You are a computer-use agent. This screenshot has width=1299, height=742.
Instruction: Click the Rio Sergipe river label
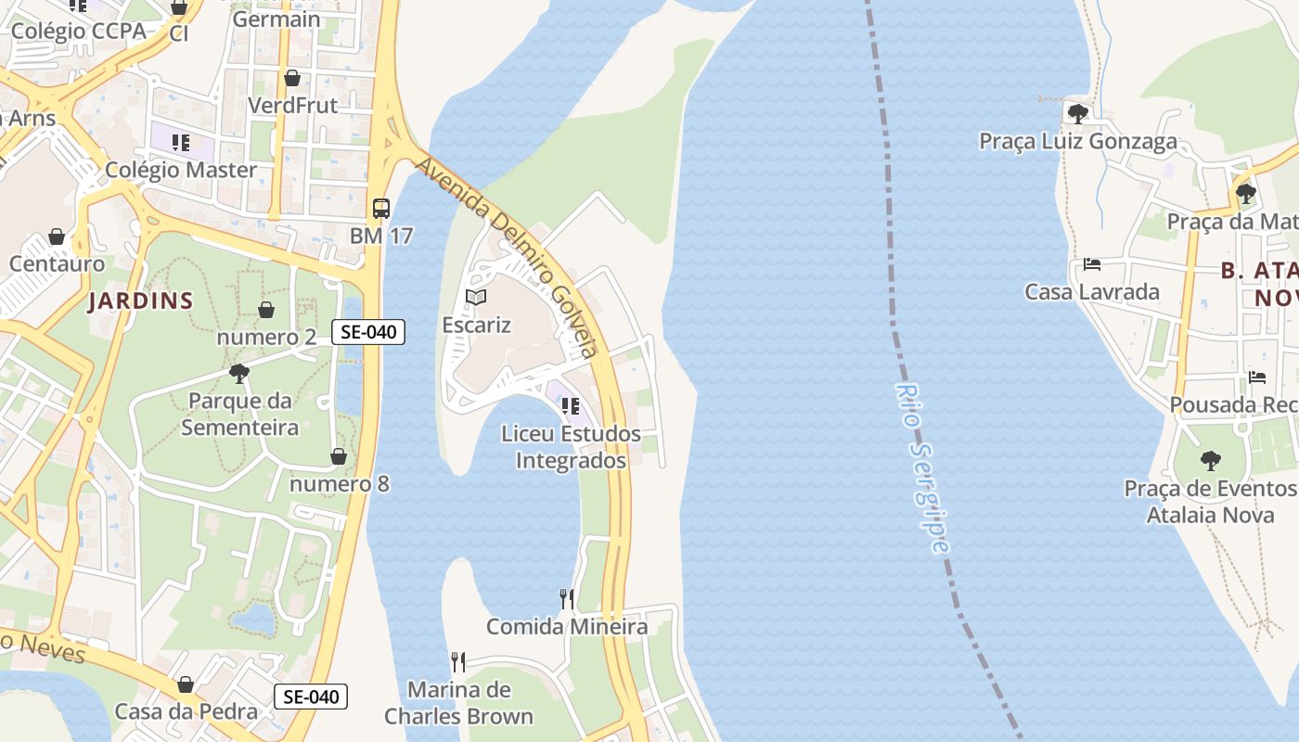[924, 467]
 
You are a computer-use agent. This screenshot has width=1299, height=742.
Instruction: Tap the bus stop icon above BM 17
[381, 208]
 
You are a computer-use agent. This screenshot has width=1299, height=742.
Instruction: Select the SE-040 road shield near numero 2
[368, 332]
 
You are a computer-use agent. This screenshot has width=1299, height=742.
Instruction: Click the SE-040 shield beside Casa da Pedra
[311, 697]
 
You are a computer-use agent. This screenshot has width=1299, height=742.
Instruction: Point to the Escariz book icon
[476, 298]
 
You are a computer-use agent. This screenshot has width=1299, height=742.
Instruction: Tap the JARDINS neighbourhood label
[141, 301]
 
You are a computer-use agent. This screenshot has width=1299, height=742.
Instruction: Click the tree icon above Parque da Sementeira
[239, 374]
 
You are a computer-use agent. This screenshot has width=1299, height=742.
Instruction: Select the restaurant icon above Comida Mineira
[567, 599]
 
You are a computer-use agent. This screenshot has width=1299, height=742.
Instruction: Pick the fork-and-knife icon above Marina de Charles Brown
[458, 662]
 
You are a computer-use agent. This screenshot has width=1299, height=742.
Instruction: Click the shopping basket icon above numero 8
[339, 456]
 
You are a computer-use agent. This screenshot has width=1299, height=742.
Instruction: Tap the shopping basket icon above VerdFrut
[292, 78]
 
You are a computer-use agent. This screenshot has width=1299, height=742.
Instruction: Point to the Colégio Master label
[181, 170]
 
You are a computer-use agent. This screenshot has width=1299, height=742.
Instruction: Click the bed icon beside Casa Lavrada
[1092, 264]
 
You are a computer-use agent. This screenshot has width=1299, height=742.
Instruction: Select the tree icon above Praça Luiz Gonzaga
[1078, 114]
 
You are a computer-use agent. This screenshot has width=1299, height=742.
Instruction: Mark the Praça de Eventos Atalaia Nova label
[1211, 501]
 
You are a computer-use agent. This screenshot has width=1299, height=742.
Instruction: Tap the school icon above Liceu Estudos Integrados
[571, 406]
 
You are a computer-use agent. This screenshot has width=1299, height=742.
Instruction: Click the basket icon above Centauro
[57, 237]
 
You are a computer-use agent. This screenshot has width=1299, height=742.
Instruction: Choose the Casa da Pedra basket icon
[186, 684]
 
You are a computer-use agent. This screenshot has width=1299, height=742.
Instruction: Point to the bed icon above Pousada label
[1257, 377]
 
